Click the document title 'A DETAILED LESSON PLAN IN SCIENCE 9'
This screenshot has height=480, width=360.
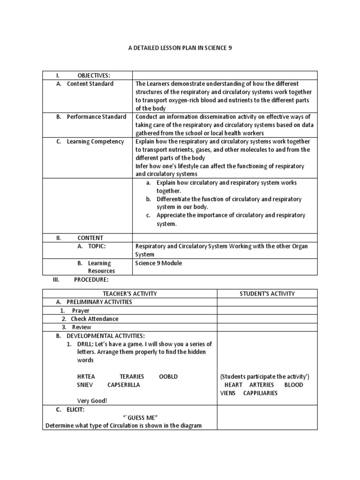pyautogui.click(x=180, y=48)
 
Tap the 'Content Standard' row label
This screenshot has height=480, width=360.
pyautogui.click(x=90, y=84)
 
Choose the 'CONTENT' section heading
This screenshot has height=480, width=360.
pyautogui.click(x=90, y=238)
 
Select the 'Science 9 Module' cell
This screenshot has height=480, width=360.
pyautogui.click(x=158, y=263)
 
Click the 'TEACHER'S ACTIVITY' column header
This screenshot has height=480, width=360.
pyautogui.click(x=129, y=293)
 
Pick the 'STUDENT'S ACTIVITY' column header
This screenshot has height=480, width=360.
pyautogui.click(x=267, y=293)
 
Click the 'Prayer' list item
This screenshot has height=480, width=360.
pyautogui.click(x=81, y=310)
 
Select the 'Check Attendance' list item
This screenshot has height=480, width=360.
pyautogui.click(x=95, y=319)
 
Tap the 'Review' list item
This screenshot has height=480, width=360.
pyautogui.click(x=82, y=327)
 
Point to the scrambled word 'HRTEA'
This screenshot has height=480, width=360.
pyautogui.click(x=87, y=376)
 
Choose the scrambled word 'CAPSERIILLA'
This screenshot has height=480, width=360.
pyautogui.click(x=124, y=385)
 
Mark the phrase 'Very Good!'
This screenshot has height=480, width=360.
pyautogui.click(x=92, y=401)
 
